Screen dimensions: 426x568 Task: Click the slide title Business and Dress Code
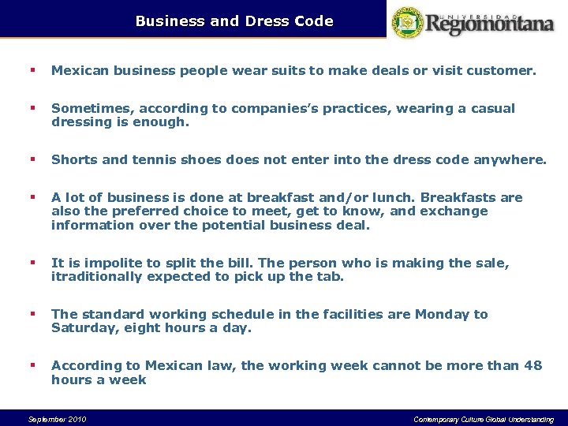point(234,21)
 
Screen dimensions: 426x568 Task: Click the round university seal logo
point(408,21)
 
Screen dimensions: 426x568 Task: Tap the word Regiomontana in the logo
point(491,24)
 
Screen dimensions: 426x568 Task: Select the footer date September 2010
point(57,419)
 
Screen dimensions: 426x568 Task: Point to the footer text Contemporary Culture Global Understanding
point(484,419)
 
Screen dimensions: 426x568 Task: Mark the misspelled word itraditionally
point(97,277)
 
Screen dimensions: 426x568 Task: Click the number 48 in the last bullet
point(533,365)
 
